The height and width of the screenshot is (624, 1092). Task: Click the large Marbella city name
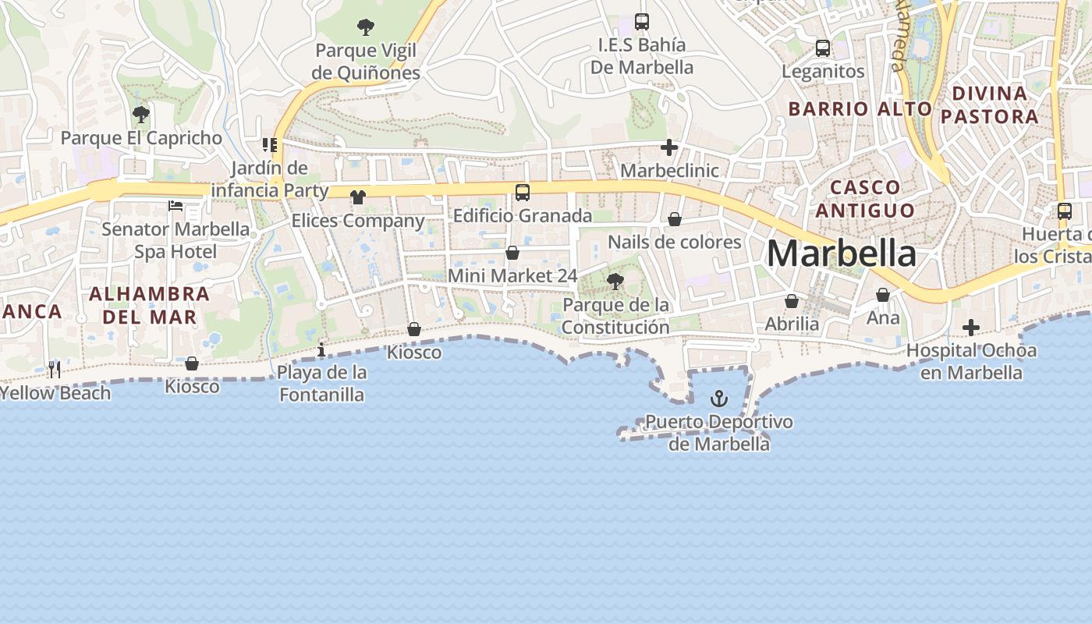tap(841, 254)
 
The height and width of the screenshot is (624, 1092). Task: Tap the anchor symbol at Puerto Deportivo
tap(718, 399)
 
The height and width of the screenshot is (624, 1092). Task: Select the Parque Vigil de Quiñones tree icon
tap(365, 28)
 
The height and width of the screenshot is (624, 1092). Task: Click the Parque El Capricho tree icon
tap(141, 115)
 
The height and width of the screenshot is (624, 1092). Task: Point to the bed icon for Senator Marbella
tap(176, 206)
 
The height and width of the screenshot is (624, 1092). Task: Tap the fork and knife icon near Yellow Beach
tap(54, 369)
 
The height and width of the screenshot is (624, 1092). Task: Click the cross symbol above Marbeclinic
tap(668, 147)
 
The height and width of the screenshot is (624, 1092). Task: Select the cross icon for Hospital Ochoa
tap(970, 328)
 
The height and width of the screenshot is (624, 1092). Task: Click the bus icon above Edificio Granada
tap(522, 192)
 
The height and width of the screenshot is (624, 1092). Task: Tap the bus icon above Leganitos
tap(822, 48)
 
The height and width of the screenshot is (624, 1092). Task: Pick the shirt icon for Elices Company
tap(358, 197)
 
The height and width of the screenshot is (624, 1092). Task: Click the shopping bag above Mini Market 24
tap(512, 253)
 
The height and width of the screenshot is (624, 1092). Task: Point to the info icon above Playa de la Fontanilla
tap(321, 349)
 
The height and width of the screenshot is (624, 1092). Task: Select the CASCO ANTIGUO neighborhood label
tap(864, 199)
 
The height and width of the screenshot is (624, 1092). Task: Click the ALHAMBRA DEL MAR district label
tap(149, 305)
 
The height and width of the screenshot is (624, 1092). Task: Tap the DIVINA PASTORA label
tap(989, 105)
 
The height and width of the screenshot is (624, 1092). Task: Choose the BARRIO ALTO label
tap(860, 109)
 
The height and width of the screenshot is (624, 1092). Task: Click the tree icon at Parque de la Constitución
tap(615, 282)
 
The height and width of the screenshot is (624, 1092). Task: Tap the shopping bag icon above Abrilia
tap(792, 301)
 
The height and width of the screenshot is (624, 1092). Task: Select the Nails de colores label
tap(674, 242)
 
